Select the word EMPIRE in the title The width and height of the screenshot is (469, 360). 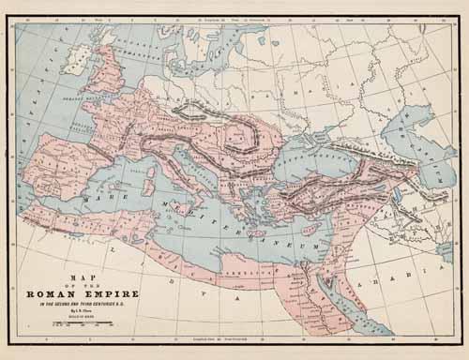[114, 289]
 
